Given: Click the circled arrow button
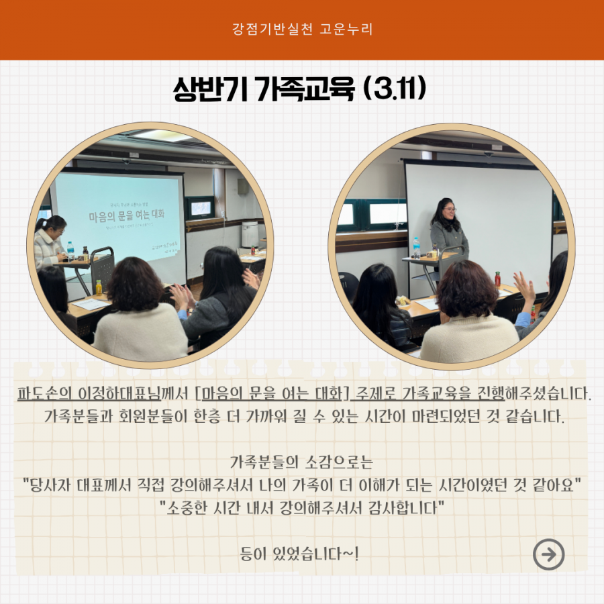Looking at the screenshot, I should tap(548, 554).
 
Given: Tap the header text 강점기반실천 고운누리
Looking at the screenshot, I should tap(302, 30).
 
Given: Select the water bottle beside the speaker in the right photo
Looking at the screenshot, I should tap(417, 248).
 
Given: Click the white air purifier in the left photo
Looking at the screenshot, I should tap(250, 234).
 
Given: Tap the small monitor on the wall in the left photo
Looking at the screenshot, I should tap(200, 208).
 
